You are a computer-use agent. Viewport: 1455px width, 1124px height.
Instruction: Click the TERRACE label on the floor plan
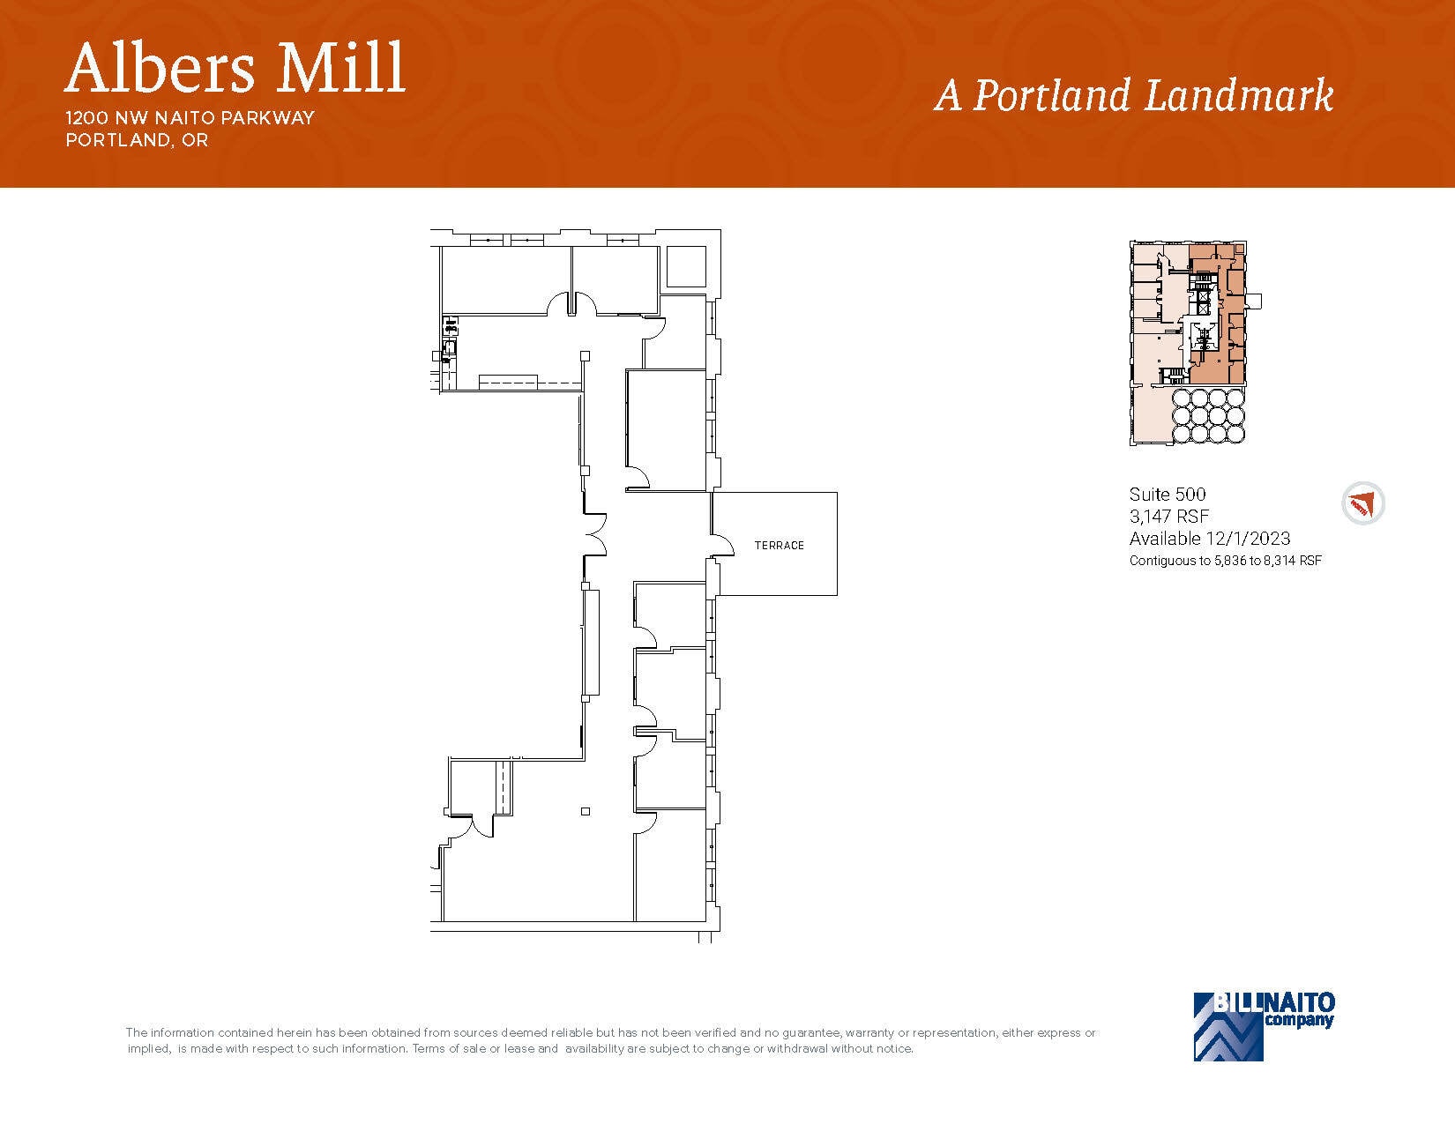tap(779, 546)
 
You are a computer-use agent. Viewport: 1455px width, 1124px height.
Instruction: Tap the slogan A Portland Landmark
tap(1133, 95)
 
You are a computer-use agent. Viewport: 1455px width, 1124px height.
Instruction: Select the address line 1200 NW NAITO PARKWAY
tap(190, 118)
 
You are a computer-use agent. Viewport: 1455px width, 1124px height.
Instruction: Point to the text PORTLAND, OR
tap(137, 140)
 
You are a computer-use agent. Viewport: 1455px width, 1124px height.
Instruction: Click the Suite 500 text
tap(1167, 495)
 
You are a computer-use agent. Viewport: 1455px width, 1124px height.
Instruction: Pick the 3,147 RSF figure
tap(1168, 517)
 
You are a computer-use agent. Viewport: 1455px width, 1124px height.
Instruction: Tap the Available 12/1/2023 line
tap(1209, 539)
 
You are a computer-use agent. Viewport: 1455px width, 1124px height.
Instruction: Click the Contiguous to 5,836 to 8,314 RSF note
tap(1225, 561)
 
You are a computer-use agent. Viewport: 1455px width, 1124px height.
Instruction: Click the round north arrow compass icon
tap(1362, 504)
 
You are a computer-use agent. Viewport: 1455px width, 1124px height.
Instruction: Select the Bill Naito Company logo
tap(1264, 1025)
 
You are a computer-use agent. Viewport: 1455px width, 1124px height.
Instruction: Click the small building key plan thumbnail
tap(1189, 343)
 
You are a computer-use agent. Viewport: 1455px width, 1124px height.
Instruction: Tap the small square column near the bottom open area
tap(585, 811)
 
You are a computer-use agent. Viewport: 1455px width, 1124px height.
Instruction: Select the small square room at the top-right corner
tap(686, 266)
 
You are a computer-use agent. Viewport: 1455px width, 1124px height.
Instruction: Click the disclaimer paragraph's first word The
tap(137, 1033)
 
